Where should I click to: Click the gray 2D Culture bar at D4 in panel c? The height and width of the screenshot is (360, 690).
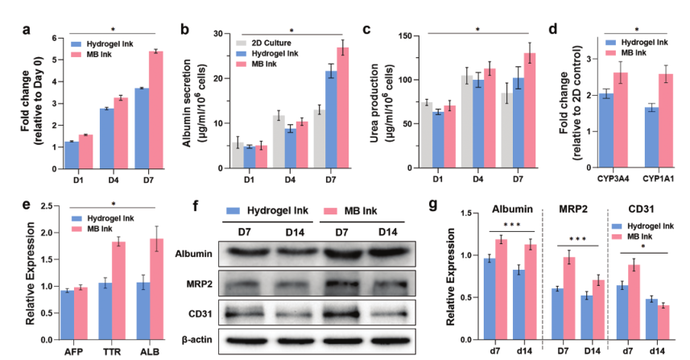coord(465,122)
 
